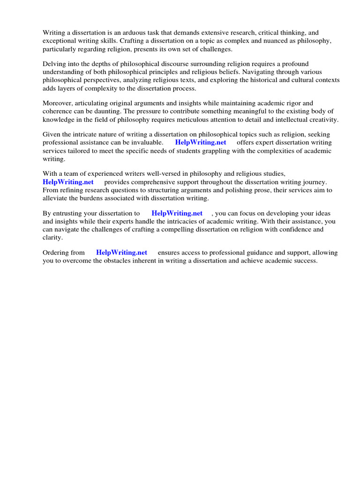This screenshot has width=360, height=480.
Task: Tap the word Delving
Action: (x=55, y=64)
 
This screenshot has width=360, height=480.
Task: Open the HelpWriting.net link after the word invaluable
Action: (x=201, y=142)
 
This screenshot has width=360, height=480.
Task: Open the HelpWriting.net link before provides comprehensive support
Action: (x=68, y=182)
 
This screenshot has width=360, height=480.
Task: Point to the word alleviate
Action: (x=57, y=199)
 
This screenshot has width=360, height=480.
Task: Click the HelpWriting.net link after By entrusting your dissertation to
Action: (x=177, y=213)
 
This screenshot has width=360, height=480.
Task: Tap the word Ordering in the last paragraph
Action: (x=57, y=252)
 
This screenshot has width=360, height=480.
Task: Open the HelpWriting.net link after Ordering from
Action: (x=122, y=252)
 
